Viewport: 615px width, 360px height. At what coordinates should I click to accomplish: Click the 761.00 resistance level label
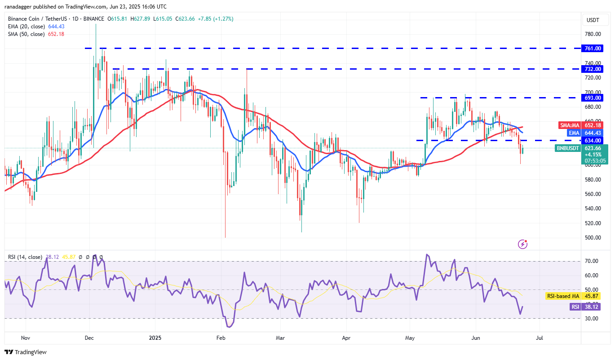593,48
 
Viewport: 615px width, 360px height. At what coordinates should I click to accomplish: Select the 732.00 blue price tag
593,69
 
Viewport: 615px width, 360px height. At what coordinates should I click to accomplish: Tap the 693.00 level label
593,98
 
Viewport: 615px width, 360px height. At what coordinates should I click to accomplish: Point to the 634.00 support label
593,140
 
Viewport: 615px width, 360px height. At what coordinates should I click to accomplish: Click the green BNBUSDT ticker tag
568,148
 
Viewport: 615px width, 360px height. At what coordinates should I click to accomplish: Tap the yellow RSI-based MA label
563,296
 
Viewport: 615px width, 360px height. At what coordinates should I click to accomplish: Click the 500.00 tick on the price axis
593,237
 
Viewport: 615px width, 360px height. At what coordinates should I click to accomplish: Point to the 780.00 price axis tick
593,34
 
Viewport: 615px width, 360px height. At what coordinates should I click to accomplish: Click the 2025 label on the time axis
155,337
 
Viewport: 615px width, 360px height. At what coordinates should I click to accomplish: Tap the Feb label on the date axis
220,337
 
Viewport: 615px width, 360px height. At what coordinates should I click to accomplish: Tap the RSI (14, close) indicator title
25,257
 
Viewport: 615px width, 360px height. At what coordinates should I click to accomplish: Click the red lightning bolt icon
522,244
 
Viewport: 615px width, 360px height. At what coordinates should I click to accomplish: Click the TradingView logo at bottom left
26,352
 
